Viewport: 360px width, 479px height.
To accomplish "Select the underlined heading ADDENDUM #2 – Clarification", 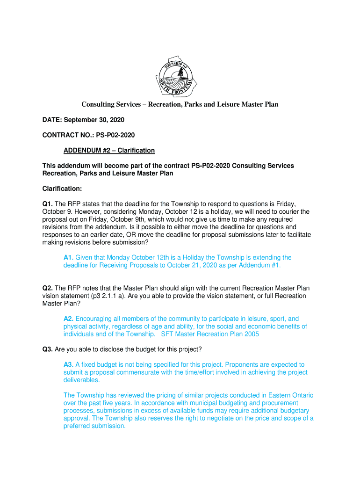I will click(109, 151).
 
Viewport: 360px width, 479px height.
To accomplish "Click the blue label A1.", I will click(69, 257).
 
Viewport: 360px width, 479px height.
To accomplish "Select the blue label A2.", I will click(69, 319).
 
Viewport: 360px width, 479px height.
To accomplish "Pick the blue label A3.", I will click(69, 364).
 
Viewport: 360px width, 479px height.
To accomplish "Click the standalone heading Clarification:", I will click(62, 189).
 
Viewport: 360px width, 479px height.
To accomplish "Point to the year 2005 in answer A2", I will click(251, 334).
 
